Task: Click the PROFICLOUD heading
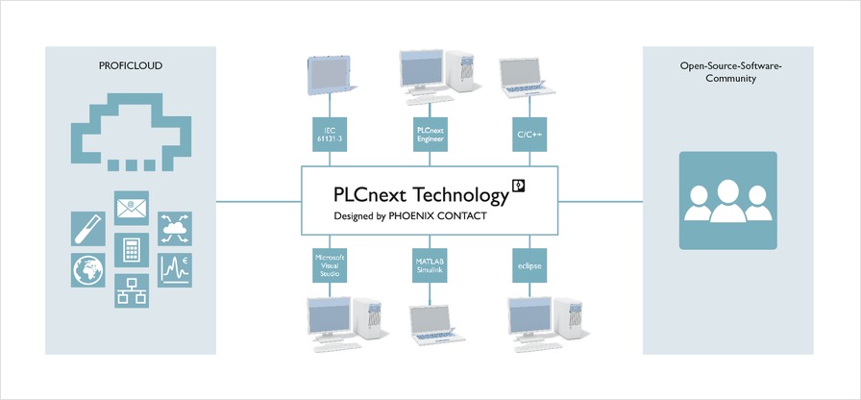[130, 66]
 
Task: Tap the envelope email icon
[132, 207]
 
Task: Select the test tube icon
[88, 229]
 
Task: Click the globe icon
[88, 270]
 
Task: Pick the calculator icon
[132, 250]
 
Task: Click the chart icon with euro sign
[174, 270]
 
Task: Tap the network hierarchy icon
[132, 290]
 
